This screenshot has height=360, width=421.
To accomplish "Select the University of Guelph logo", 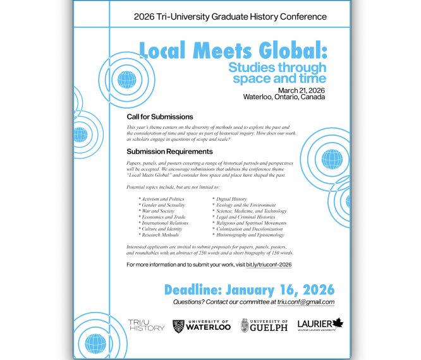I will pyautogui.click(x=264, y=325).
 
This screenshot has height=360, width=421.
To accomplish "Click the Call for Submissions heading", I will pyautogui.click(x=159, y=117).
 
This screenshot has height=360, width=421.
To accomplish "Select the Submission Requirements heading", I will pyautogui.click(x=169, y=152).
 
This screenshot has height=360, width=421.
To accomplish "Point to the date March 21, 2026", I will pyautogui.click(x=301, y=90).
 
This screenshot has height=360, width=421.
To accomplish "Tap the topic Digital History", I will pyautogui.click(x=230, y=199).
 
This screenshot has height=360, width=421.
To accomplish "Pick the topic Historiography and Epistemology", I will pyautogui.click(x=250, y=235).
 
